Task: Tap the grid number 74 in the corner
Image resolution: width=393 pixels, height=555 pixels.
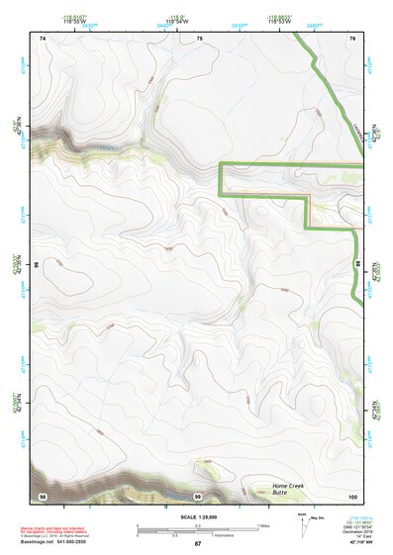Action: click(x=43, y=38)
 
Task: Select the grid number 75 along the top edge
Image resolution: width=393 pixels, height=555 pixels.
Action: click(x=199, y=38)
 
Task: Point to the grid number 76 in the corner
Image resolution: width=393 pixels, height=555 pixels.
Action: click(x=351, y=38)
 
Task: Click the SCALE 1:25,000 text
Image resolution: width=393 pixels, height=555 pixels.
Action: click(x=197, y=517)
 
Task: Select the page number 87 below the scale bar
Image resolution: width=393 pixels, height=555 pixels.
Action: click(x=197, y=544)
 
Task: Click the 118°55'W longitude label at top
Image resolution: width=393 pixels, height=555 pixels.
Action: click(x=76, y=21)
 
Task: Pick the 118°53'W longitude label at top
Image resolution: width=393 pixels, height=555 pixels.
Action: click(x=280, y=21)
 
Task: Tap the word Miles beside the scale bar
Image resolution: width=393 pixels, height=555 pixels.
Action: click(x=263, y=524)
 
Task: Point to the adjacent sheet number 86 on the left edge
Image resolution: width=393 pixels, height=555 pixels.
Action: click(x=37, y=266)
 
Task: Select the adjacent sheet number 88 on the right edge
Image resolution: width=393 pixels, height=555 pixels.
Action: click(x=356, y=266)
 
